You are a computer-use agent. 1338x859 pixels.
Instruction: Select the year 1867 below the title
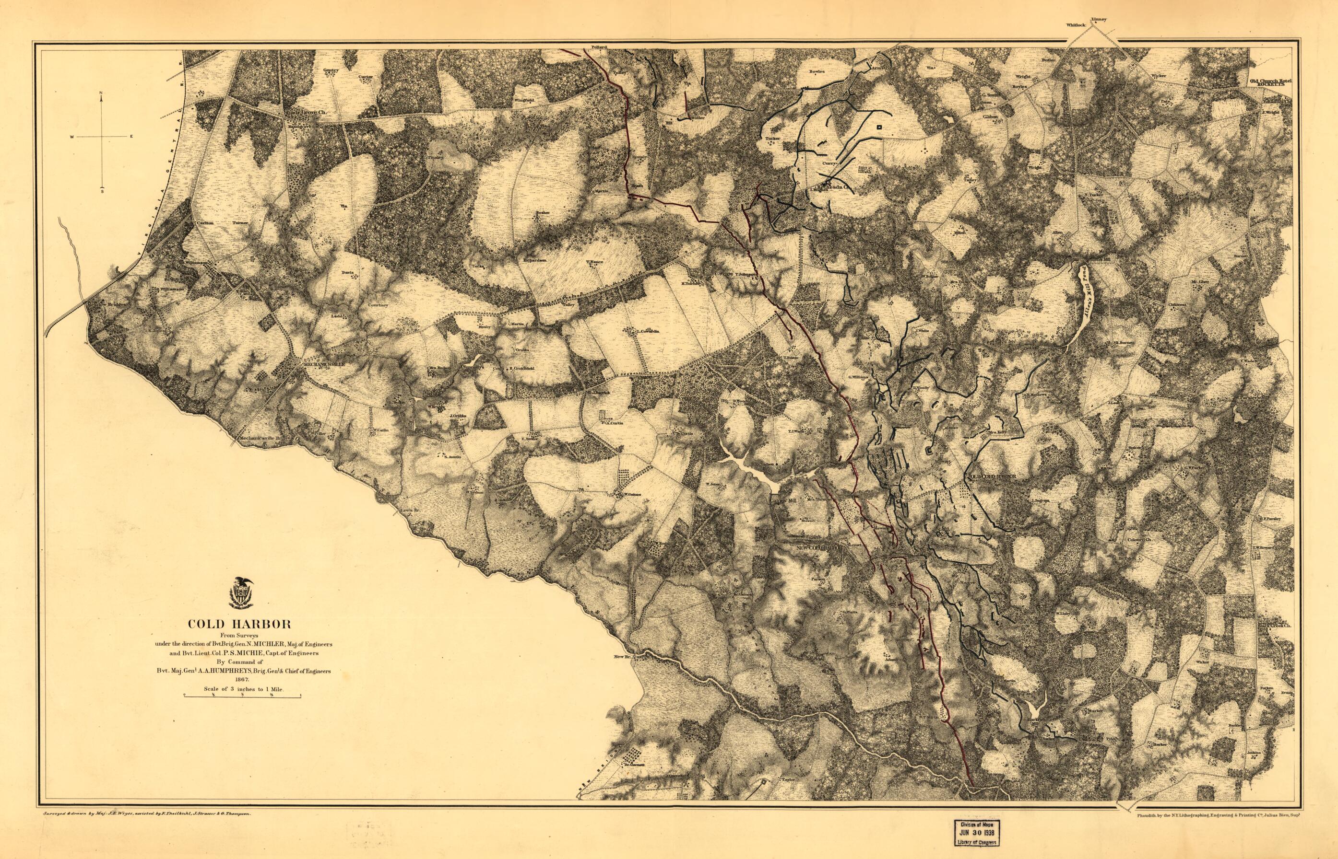pyautogui.click(x=242, y=679)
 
